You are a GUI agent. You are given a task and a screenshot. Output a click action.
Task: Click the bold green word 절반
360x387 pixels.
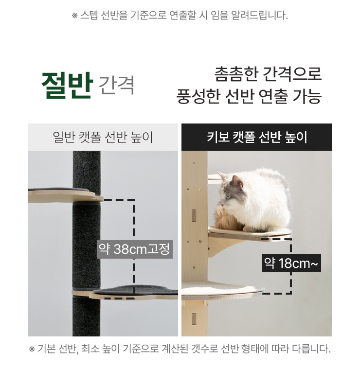pos(67,86)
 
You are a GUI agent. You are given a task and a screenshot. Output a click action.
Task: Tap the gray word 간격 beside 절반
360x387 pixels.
pos(117,86)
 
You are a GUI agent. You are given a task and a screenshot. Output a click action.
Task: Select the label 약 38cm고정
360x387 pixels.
pos(135,249)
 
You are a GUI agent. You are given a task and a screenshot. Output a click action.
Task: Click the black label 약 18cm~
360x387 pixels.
pos(291,263)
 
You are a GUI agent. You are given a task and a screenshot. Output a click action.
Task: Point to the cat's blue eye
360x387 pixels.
pos(228,197)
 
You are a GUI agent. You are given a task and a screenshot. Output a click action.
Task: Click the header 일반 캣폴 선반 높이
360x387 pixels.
pos(103,137)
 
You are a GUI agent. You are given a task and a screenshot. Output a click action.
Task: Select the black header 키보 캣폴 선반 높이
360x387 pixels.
pos(257,137)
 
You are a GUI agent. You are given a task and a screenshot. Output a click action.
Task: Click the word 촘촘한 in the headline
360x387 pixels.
pos(236,74)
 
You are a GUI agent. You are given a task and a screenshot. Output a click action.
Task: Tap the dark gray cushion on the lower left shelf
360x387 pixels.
pos(136,290)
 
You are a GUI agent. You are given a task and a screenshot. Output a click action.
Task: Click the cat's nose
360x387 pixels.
pos(222,205)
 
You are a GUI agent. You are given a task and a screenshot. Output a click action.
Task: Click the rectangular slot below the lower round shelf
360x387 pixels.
pos(194,319)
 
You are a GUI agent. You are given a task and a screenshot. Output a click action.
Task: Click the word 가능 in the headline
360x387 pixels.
pos(307,96)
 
